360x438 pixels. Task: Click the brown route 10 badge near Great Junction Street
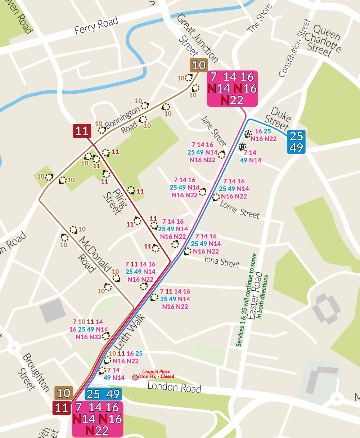199,65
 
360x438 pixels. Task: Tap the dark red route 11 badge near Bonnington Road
82,131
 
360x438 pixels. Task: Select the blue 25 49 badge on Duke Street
296,142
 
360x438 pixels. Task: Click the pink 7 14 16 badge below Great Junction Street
233,88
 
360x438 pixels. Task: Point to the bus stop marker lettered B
242,147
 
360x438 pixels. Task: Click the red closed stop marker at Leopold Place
135,377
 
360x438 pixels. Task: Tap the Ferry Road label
96,26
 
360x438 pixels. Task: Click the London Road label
174,387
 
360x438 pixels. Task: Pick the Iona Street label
222,262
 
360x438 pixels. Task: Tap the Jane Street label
213,130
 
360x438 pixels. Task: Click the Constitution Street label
294,48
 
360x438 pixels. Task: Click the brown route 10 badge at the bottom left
64,393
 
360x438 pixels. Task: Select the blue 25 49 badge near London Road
103,394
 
